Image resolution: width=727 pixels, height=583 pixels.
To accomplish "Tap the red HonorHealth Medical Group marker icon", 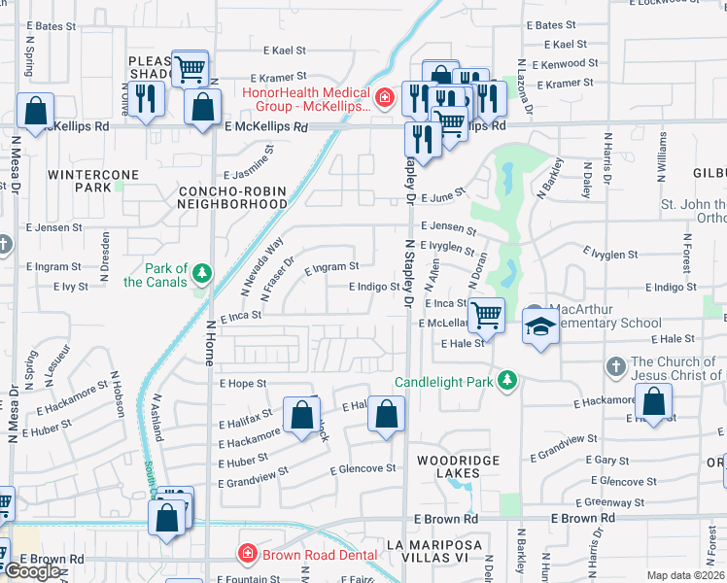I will click(x=385, y=97).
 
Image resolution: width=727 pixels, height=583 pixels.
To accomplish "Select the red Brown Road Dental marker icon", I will click(x=247, y=554).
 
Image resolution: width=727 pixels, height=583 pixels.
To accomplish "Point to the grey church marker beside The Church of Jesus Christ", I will click(x=614, y=366).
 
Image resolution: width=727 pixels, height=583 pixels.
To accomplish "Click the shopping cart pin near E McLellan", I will click(x=485, y=314).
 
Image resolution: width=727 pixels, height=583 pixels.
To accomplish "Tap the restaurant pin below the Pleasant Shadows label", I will click(x=146, y=100).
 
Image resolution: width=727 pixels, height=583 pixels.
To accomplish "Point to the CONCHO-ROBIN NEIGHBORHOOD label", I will click(x=232, y=198).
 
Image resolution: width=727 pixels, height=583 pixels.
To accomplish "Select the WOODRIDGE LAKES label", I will click(x=458, y=466).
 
